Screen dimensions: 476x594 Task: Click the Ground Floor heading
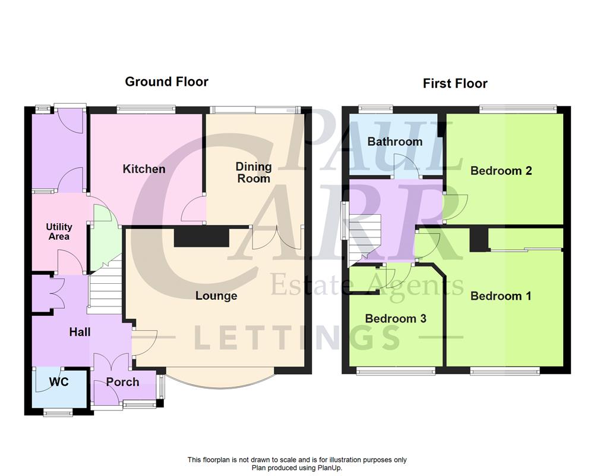166,82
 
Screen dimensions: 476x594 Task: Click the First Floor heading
455,83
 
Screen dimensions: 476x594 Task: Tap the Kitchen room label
144,169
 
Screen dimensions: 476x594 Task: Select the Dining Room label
254,173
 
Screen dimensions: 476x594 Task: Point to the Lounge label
216,296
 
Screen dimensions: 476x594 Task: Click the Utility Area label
59,231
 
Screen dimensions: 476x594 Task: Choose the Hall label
80,332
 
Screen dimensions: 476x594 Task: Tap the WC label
58,381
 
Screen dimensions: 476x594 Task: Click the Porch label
122,382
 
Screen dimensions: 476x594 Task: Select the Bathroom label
395,142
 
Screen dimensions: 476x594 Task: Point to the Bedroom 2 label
501,171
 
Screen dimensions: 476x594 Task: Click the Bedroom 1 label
501,296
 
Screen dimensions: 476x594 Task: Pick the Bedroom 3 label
396,318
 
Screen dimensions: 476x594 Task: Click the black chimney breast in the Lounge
201,237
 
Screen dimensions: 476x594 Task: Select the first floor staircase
364,238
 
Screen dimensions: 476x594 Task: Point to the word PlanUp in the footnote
330,468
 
